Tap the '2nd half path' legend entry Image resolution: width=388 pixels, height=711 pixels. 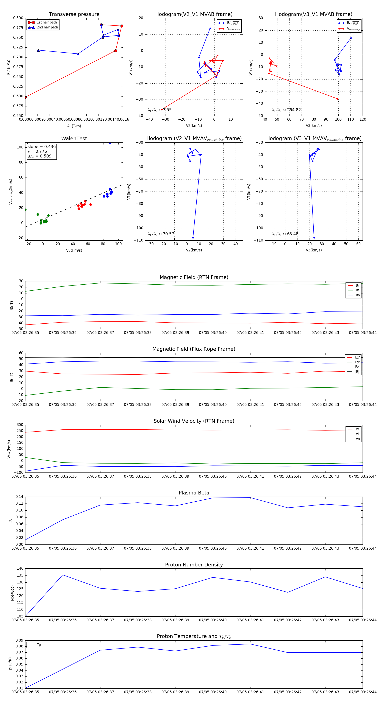click(47, 27)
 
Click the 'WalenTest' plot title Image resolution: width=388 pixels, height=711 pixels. click(74, 139)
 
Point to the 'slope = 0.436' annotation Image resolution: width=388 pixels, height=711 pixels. click(41, 147)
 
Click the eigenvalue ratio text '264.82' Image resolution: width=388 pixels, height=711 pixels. click(294, 110)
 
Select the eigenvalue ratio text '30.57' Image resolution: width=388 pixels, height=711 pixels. click(168, 234)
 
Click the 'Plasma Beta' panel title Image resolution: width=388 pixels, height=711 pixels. click(194, 493)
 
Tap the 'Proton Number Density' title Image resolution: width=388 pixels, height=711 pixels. click(194, 565)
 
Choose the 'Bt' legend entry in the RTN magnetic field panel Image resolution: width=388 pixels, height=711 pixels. click(357, 290)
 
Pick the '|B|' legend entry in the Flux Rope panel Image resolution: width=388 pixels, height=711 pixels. click(357, 372)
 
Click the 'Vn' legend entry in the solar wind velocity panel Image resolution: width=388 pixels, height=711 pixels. click(358, 439)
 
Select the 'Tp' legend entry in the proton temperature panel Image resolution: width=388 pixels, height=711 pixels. click(39, 645)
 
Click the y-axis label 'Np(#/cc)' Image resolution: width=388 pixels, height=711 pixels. click(12, 592)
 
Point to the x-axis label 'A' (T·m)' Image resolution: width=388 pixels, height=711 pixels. click(74, 126)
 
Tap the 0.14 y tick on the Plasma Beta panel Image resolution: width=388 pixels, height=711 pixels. click(19, 497)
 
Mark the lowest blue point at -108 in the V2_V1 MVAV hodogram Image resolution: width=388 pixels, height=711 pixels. click(193, 238)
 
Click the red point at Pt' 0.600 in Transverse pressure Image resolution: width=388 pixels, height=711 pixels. click(25, 97)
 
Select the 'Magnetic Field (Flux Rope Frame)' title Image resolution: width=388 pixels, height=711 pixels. click(194, 349)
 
